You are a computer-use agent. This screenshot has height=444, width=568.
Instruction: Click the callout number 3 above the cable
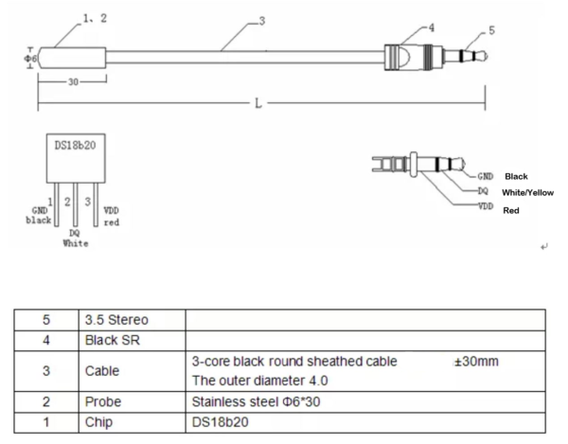260,22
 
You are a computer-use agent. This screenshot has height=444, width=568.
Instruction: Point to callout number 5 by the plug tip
490,30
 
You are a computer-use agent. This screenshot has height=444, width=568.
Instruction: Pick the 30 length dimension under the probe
72,81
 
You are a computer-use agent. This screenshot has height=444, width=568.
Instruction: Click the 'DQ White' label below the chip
76,236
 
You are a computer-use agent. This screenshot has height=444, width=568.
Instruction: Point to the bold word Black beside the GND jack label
517,176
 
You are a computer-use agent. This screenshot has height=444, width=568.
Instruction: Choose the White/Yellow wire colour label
527,192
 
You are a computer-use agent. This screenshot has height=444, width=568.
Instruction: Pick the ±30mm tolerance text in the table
474,362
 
